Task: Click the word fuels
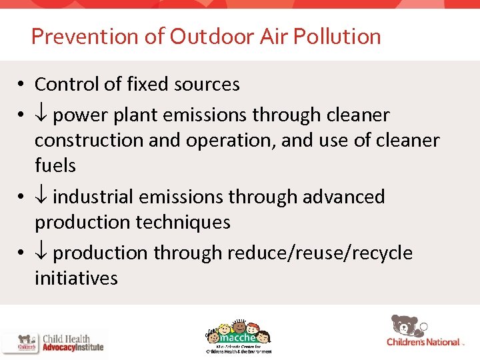pyautogui.click(x=55, y=165)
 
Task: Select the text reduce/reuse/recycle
pyautogui.click(x=319, y=253)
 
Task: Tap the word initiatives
pyautogui.click(x=76, y=278)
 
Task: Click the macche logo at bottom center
pyautogui.click(x=239, y=335)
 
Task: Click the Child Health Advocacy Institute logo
pyautogui.click(x=53, y=343)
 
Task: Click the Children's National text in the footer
pyautogui.click(x=423, y=342)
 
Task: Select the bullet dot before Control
pyautogui.click(x=22, y=85)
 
